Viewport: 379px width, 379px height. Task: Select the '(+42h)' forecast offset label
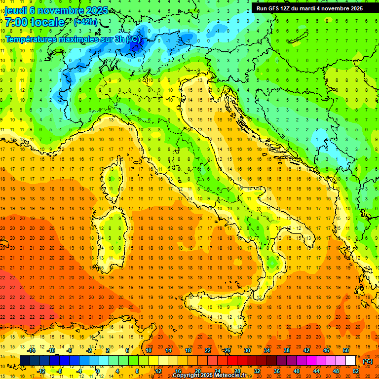pos(85,22)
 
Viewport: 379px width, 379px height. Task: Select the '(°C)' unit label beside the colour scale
pos(368,361)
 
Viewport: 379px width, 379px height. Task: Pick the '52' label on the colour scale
pos(356,371)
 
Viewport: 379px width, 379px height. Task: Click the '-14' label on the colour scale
pos(33,350)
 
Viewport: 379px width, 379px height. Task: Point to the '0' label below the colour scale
pos(98,371)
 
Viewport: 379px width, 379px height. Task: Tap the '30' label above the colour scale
pos(246,350)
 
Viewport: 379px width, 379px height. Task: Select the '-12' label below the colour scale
pos(42,371)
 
